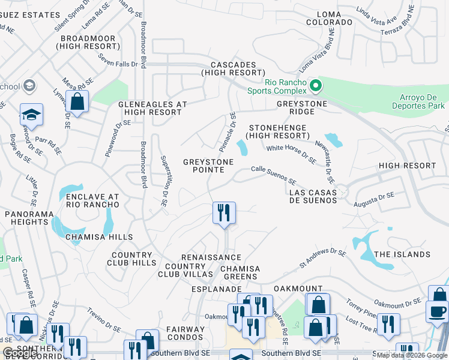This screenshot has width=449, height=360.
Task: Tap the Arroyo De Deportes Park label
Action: pyautogui.click(x=423, y=101)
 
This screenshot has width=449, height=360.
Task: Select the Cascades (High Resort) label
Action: pyautogui.click(x=234, y=68)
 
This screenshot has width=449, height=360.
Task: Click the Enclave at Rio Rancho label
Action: pyautogui.click(x=92, y=200)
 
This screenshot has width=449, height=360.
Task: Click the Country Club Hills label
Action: pyautogui.click(x=131, y=259)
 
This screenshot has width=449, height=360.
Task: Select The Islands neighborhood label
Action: pyautogui.click(x=402, y=254)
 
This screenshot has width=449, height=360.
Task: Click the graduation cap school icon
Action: pyautogui.click(x=32, y=113)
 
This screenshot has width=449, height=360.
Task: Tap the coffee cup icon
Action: pyautogui.click(x=437, y=310)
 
